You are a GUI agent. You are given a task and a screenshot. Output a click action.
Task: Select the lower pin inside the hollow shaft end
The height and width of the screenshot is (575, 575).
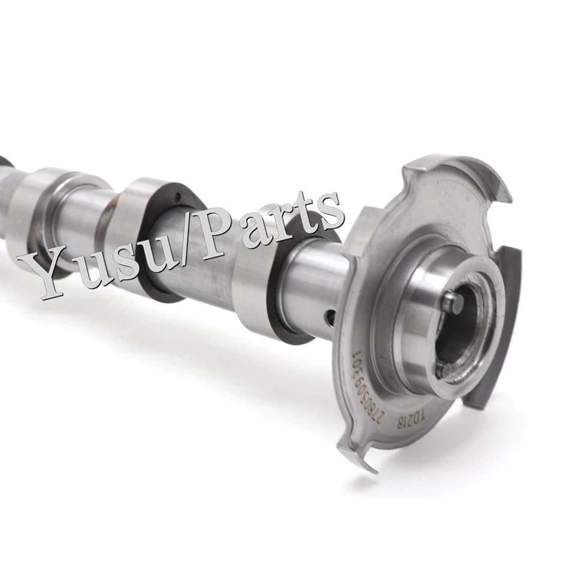pyautogui.click(x=441, y=371)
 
